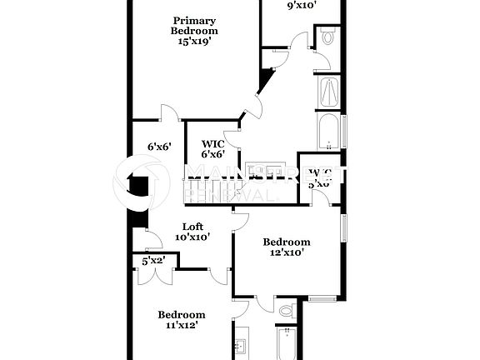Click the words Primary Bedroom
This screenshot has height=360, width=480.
click(x=194, y=26)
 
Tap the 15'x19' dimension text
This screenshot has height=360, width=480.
click(x=194, y=42)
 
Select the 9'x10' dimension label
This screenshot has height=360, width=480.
click(x=302, y=6)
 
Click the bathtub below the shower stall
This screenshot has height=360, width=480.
click(x=327, y=132)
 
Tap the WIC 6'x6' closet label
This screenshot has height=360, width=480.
click(x=212, y=148)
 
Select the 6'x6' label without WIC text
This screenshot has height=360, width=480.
click(x=159, y=147)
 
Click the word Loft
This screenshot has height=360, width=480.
click(x=192, y=226)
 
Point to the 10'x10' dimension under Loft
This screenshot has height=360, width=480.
click(x=192, y=237)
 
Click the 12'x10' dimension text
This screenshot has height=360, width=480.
click(x=287, y=253)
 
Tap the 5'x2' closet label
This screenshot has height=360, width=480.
click(x=153, y=261)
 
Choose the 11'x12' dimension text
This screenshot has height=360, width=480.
click(x=182, y=326)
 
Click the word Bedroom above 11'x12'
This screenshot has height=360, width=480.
click(x=182, y=314)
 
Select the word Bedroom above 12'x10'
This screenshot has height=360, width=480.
click(x=287, y=242)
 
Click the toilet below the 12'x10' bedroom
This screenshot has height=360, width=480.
click(x=287, y=311)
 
